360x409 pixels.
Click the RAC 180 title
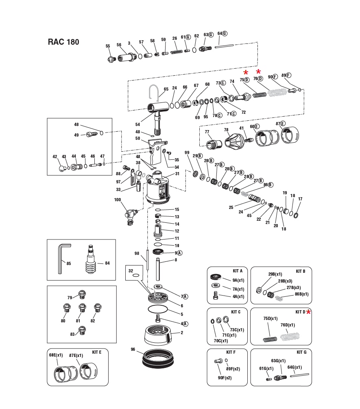coord(63,42)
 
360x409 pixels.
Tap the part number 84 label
coord(107,263)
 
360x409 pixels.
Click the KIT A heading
coord(237,271)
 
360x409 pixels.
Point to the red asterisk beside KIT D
coord(309,312)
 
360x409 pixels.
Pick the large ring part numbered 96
coord(158,358)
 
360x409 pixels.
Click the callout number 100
coord(118,200)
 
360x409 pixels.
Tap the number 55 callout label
coord(108,46)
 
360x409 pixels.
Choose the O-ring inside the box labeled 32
coord(136,275)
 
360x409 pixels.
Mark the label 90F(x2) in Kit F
coord(225,378)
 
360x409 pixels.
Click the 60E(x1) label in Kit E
coord(56,355)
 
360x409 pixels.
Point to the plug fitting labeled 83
coord(83,330)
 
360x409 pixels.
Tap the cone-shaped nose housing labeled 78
coord(234,140)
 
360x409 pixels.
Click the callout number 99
coord(187,152)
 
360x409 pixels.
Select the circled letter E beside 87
coord(283,123)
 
